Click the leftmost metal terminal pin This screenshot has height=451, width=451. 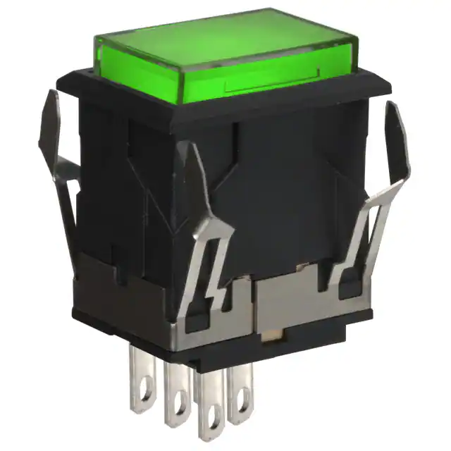tap(142, 385)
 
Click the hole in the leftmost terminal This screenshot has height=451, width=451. tap(143, 402)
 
